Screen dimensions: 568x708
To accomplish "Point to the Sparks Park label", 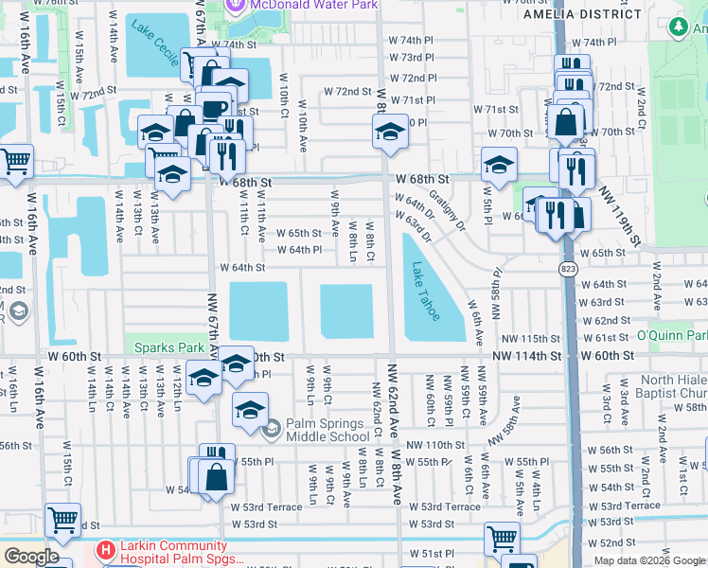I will (x=168, y=346).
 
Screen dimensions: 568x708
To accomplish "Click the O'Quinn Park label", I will (x=672, y=336).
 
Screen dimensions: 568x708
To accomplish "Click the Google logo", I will (x=31, y=557).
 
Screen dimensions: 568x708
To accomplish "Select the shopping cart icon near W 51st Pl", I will (x=501, y=539).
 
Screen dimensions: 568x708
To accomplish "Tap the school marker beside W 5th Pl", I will (x=499, y=165).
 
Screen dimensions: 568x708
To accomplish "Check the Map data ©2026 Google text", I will (x=648, y=560).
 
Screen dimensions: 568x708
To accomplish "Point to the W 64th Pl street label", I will (x=299, y=250).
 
